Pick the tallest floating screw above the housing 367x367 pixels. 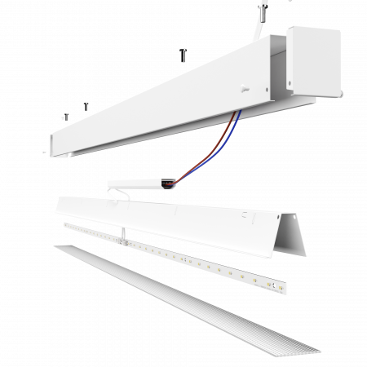point(183,55)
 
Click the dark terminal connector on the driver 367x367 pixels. point(167,185)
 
